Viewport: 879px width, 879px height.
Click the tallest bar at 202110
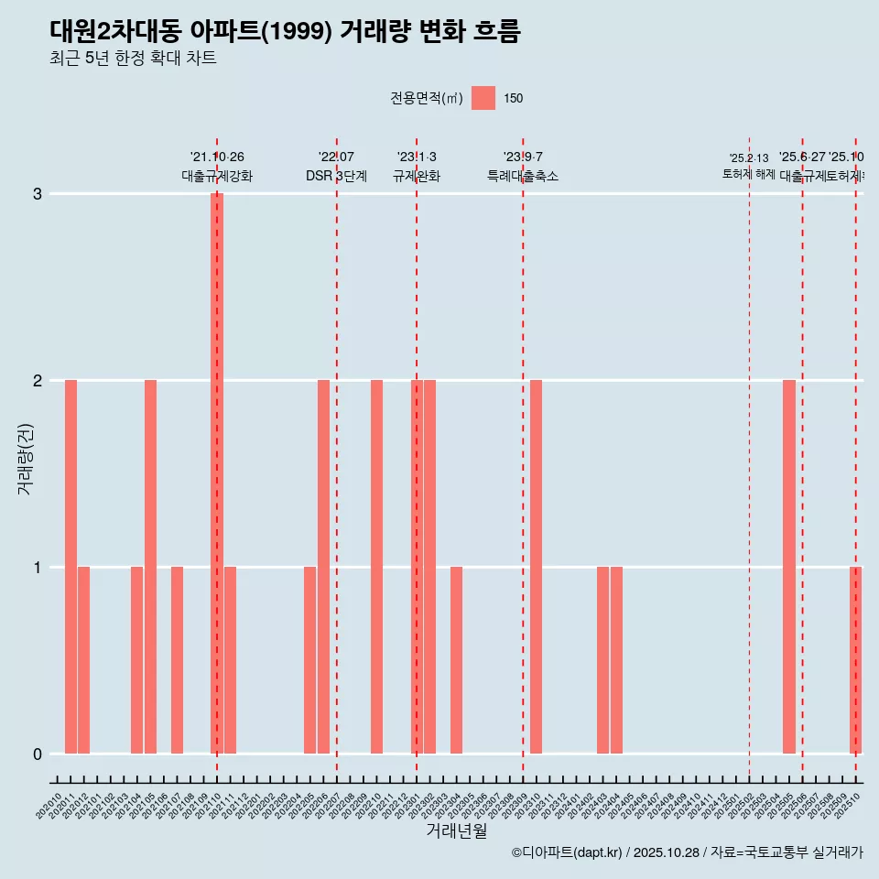point(217,473)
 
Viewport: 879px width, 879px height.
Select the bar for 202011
point(71,567)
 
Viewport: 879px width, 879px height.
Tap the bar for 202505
point(789,567)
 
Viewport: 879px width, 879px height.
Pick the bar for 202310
point(536,567)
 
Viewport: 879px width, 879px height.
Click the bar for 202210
point(376,567)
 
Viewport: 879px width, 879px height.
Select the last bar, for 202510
point(855,660)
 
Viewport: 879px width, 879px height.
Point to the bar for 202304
point(456,660)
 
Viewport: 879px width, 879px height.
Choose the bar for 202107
point(177,660)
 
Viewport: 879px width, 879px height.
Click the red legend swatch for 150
point(483,98)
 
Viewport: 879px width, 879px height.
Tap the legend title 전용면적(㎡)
point(427,98)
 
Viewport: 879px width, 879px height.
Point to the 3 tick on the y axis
point(38,194)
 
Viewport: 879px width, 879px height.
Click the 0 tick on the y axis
point(38,754)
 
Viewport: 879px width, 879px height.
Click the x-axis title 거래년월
point(456,830)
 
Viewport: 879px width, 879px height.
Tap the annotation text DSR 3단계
point(336,176)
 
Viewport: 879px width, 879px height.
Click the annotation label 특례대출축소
point(523,176)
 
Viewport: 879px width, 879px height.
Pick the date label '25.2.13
point(749,158)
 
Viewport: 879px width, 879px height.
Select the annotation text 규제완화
point(417,176)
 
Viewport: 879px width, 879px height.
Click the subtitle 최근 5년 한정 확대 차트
point(133,59)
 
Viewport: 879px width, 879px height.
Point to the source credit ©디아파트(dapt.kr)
point(567,852)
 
